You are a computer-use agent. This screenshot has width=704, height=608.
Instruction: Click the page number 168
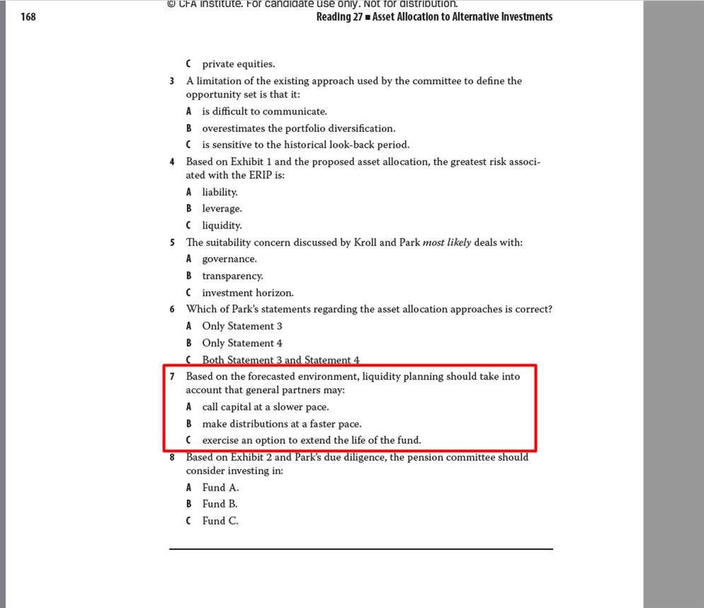(28, 17)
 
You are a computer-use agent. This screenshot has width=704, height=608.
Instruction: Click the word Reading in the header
(333, 17)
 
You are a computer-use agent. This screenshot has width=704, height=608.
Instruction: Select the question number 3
(172, 81)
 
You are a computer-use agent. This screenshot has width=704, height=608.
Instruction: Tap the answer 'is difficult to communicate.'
(264, 112)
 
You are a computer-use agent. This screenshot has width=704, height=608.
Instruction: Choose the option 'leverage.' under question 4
(221, 209)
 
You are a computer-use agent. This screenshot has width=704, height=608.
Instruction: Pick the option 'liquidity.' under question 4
(221, 226)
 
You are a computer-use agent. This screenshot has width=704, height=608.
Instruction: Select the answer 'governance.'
(229, 259)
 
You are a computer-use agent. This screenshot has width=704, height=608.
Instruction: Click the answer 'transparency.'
(232, 276)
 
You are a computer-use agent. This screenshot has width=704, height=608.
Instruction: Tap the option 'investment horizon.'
(248, 293)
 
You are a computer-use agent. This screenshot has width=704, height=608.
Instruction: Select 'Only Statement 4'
(242, 343)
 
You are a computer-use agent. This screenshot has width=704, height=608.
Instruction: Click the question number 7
(172, 377)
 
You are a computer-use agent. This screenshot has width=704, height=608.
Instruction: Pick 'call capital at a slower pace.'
(265, 407)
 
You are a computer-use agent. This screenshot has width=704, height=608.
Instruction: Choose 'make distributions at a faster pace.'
(282, 424)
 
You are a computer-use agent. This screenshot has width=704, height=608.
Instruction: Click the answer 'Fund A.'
(220, 488)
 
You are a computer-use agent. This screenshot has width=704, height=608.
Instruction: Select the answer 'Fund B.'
(219, 504)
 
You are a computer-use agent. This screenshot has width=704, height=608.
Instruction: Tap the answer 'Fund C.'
(220, 521)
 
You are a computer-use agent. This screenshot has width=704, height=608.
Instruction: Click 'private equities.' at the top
(238, 64)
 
